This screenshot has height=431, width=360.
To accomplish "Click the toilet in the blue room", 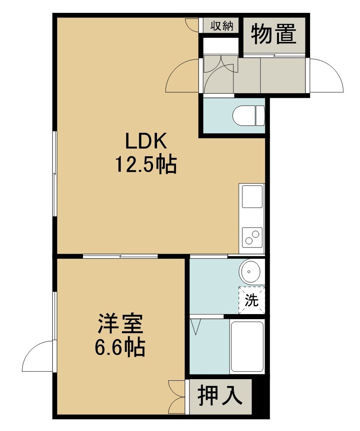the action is pos(248,116).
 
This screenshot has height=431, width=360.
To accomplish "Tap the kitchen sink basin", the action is pos(252,197).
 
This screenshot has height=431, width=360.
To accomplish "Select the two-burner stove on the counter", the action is pos(252,237).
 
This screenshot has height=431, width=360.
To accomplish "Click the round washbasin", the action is pos(249,272).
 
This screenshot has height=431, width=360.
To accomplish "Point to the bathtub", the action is pos(247,346).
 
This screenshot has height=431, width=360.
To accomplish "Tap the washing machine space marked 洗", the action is pos(252,300).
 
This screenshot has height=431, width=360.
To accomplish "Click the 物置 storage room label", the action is pos(274,34).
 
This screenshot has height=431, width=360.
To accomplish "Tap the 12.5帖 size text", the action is pos(146,165).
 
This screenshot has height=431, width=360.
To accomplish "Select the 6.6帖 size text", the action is pos(120,348).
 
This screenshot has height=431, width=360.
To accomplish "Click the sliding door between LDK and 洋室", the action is pos(120,256).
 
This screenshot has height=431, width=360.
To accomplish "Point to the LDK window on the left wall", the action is pos(55,174).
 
